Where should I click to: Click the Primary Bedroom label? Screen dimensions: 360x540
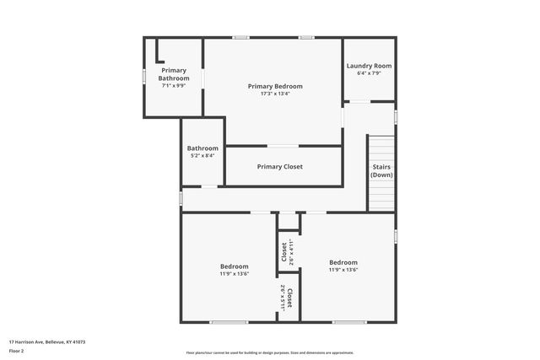pyautogui.click(x=275, y=86)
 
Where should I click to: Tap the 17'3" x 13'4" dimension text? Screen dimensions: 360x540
pyautogui.click(x=275, y=94)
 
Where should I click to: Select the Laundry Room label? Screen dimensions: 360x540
pyautogui.click(x=369, y=66)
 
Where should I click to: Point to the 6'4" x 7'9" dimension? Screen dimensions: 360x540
pyautogui.click(x=369, y=73)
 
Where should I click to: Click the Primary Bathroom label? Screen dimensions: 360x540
pyautogui.click(x=173, y=74)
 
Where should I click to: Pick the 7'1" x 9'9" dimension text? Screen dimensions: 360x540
pyautogui.click(x=173, y=85)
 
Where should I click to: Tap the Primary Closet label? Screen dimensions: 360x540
pyautogui.click(x=279, y=167)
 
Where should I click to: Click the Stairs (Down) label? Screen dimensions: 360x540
pyautogui.click(x=381, y=170)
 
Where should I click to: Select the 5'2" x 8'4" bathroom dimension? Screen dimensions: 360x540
pyautogui.click(x=202, y=155)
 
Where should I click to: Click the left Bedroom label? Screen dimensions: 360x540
pyautogui.click(x=235, y=266)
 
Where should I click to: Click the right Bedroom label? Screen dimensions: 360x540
pyautogui.click(x=343, y=262)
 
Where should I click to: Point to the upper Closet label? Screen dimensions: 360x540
pyautogui.click(x=284, y=252)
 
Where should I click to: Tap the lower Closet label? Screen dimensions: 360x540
pyautogui.click(x=288, y=298)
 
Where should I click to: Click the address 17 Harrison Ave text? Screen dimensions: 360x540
pyautogui.click(x=47, y=342)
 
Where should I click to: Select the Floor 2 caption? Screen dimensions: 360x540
pyautogui.click(x=17, y=350)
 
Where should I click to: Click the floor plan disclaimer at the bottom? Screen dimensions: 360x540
pyautogui.click(x=270, y=353)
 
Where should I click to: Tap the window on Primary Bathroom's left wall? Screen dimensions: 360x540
pyautogui.click(x=144, y=76)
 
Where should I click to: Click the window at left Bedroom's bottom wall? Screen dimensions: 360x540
pyautogui.click(x=229, y=322)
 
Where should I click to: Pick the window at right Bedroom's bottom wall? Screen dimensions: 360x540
pyautogui.click(x=348, y=322)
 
